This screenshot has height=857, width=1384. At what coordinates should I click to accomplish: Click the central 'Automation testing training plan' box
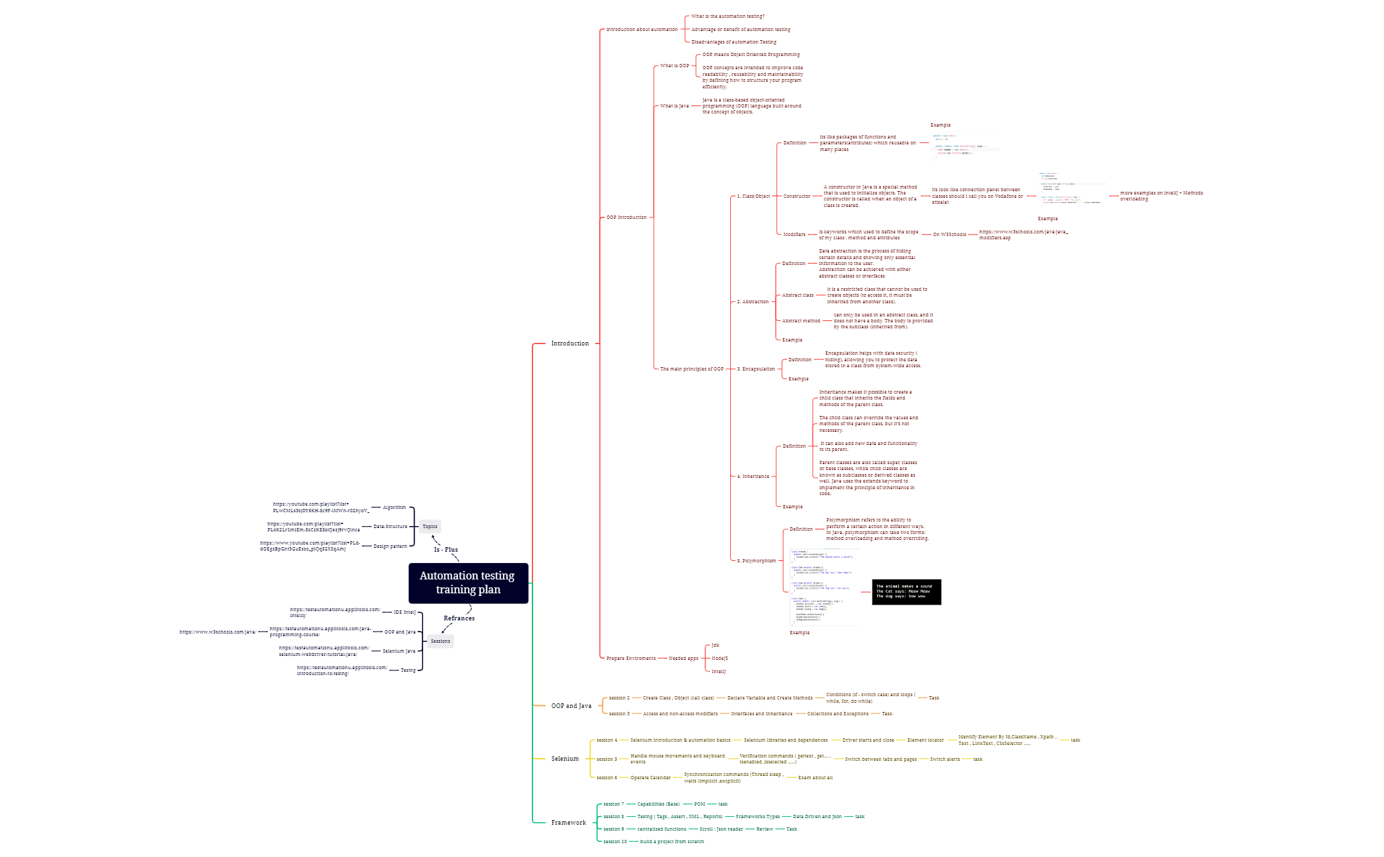468,583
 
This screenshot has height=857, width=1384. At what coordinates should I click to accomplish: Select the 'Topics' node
430,526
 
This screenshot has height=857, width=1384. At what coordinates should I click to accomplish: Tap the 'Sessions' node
440,641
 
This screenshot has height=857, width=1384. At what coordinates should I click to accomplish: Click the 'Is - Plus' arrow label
446,549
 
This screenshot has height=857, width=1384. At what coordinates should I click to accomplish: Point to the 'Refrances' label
459,618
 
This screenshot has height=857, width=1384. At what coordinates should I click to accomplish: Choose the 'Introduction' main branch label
569,343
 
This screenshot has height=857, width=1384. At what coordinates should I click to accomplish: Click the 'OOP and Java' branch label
571,706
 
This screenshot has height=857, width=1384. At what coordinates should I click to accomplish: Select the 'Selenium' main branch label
565,759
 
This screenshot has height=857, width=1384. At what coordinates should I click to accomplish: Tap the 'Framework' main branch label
568,823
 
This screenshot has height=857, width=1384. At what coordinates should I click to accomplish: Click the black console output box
906,591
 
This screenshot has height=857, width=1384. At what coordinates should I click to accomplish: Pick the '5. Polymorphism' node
757,561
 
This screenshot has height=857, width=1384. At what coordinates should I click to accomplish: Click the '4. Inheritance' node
753,476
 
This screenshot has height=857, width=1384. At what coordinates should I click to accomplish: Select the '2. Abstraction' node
753,301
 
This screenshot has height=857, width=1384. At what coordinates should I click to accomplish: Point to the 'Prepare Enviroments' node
631,658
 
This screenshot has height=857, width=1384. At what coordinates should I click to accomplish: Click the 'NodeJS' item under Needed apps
720,658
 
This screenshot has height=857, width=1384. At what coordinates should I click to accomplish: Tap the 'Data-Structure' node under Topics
390,526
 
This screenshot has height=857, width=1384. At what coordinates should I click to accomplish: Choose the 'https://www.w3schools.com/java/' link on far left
217,632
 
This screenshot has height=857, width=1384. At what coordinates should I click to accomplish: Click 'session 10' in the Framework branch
615,841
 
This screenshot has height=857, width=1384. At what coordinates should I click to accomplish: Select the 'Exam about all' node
815,777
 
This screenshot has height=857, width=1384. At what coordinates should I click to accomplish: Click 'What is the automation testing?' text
728,16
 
